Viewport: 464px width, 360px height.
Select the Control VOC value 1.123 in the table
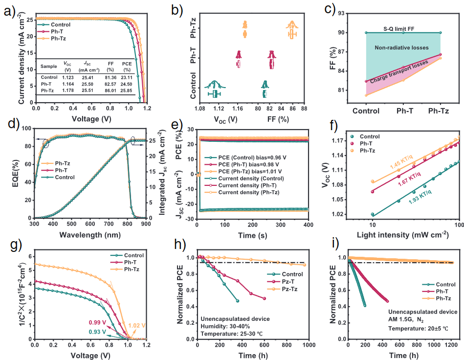point(67,77)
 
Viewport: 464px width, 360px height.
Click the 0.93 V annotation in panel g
point(98,331)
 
